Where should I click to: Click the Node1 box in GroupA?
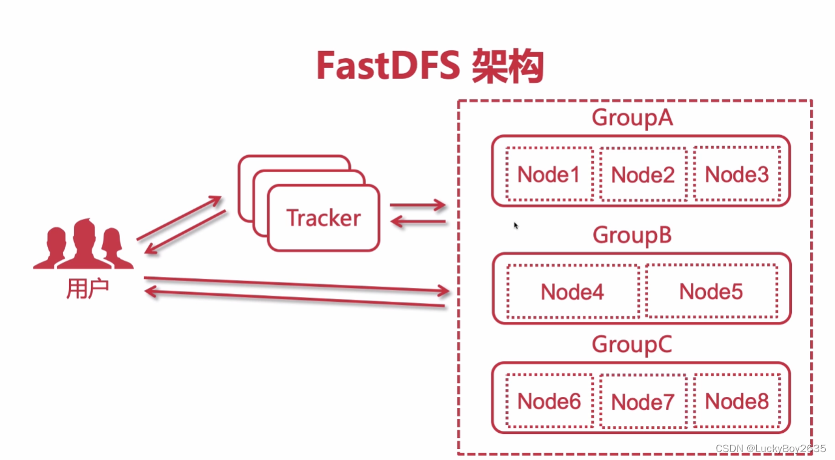(549, 175)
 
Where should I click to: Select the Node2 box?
(643, 175)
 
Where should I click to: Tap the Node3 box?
(737, 175)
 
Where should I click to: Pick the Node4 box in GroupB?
(573, 292)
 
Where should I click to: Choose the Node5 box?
(711, 292)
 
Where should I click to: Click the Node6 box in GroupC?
(549, 401)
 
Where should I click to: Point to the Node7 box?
(643, 401)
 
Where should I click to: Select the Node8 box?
(737, 401)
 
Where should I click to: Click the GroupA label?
(633, 118)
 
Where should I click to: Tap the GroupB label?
(633, 235)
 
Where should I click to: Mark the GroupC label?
(633, 344)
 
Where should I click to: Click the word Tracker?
(323, 218)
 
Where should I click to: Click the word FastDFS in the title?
(388, 67)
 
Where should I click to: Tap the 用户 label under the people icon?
(87, 289)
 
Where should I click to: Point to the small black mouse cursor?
(516, 225)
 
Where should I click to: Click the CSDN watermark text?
(770, 448)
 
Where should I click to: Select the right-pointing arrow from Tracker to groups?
(417, 205)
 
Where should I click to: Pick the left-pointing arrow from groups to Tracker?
(417, 222)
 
